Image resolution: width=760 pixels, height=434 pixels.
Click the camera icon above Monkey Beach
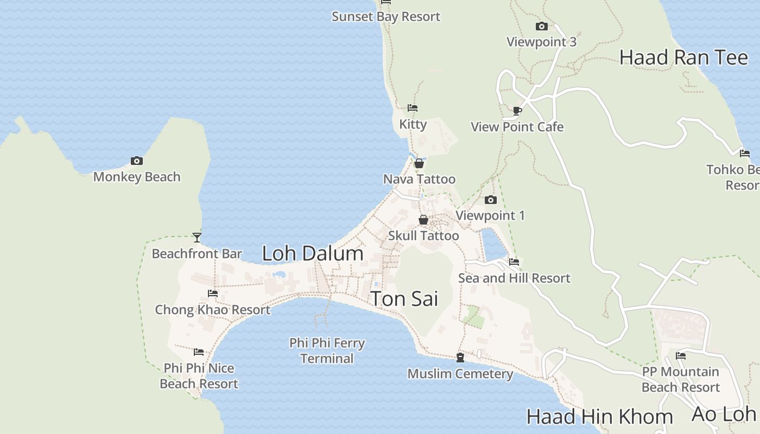137,161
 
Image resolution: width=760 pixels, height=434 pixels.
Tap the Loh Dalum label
312,253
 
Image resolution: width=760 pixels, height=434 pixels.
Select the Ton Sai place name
404,299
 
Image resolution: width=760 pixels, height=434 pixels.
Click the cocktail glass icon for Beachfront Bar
197,238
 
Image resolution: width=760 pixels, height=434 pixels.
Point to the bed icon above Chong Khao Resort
213,293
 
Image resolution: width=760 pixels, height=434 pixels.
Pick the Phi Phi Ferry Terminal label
327,350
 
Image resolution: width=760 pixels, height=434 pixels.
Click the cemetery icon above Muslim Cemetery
460,357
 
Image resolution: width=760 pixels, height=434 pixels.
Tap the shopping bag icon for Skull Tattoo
423,220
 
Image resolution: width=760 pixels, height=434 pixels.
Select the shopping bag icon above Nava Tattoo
419,163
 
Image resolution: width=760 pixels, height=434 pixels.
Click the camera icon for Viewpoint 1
491,200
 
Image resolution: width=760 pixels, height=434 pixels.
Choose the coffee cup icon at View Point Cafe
517,111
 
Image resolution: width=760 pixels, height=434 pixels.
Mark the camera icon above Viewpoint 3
541,27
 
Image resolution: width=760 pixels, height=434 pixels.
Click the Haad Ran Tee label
683,57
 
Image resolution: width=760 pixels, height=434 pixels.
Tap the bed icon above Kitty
413,108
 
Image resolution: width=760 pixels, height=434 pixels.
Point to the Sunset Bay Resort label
386,17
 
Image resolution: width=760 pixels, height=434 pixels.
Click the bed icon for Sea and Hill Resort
514,262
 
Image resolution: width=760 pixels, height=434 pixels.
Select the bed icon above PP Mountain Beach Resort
681,356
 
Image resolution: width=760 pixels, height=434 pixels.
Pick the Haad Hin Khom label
599,417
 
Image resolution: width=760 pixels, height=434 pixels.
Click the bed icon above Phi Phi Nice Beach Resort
199,352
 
